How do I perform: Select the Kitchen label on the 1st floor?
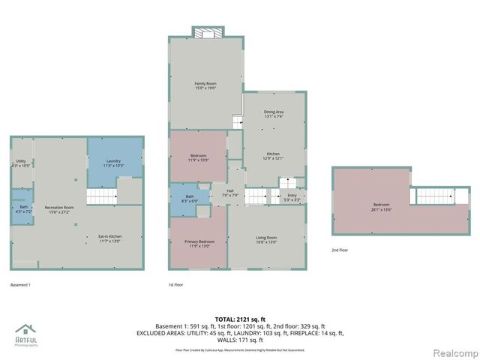coord(274,155)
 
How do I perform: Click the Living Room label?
coord(266,239)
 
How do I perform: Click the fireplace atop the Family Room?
coord(207,32)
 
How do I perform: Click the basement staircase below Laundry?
coord(101,196)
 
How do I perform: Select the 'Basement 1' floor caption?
coord(20,285)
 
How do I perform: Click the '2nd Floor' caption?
coord(340,250)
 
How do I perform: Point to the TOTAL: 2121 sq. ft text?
coord(239,319)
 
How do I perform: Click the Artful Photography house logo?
coord(26,330)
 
